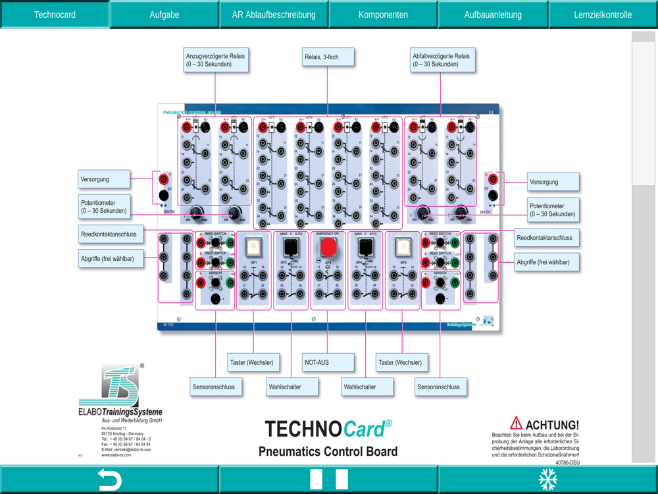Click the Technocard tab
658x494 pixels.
55,14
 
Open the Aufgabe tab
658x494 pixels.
164,14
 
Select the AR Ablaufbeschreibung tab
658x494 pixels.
274,14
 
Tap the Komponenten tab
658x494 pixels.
383,14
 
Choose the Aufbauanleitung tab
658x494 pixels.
493,14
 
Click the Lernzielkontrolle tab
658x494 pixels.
603,14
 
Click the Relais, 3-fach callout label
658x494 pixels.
328,57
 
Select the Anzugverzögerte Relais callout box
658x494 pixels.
215,60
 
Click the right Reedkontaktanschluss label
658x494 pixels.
545,238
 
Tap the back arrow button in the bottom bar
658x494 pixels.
109,480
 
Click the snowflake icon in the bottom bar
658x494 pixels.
548,480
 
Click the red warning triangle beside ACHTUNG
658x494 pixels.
517,424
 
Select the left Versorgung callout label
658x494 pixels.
104,179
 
